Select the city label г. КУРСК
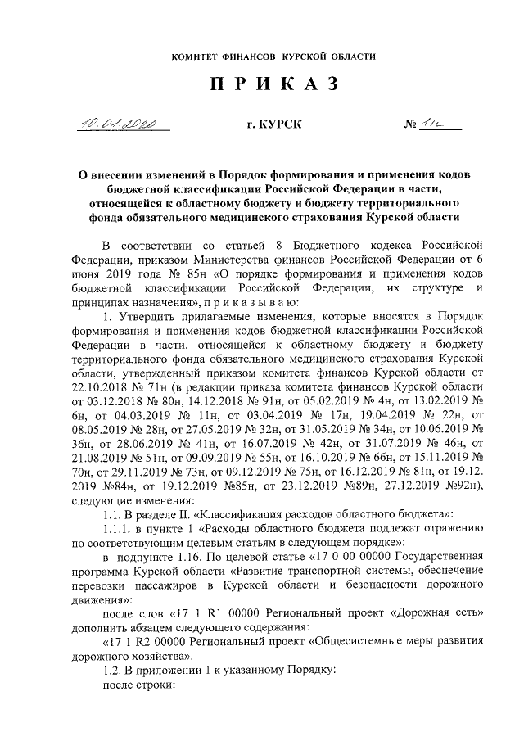point(274,124)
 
